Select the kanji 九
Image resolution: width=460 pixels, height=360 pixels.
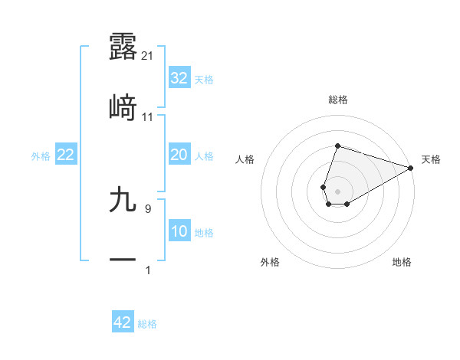click(x=123, y=200)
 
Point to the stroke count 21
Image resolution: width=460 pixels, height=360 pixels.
click(x=148, y=55)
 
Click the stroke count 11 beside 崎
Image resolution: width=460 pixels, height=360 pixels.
click(x=148, y=117)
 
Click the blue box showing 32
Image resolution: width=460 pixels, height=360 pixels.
click(x=179, y=78)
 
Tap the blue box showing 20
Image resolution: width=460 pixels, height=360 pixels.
click(x=179, y=155)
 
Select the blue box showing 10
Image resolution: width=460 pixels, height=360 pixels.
click(x=179, y=232)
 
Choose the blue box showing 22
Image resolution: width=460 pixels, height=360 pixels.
click(x=66, y=155)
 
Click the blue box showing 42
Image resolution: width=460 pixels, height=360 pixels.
click(x=123, y=323)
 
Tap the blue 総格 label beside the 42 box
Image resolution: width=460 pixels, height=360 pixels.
click(x=147, y=324)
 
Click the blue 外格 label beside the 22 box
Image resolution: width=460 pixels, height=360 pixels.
click(x=41, y=156)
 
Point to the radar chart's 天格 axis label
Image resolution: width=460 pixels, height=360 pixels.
click(x=431, y=159)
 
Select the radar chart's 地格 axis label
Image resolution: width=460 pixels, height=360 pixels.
click(x=402, y=262)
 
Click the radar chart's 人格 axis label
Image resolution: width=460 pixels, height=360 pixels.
click(x=245, y=159)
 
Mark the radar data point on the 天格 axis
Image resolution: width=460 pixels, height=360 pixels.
click(x=410, y=167)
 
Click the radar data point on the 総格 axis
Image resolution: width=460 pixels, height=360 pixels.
click(x=337, y=146)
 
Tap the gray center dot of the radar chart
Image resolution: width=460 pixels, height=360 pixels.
click(x=337, y=190)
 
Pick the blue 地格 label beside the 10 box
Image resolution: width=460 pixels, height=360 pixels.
click(x=204, y=233)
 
